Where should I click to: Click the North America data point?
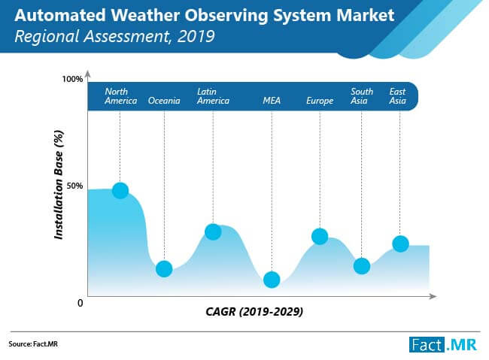click(x=120, y=191)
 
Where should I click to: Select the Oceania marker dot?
click(x=164, y=268)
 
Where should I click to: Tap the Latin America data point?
click(x=213, y=231)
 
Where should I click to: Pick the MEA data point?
click(x=272, y=280)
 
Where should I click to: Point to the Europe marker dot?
click(x=320, y=236)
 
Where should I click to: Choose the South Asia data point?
click(x=362, y=266)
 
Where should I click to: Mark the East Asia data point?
click(x=400, y=244)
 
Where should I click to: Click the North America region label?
click(x=120, y=96)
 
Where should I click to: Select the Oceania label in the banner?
click(x=164, y=101)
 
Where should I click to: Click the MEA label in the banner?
click(x=272, y=101)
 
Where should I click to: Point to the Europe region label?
click(x=320, y=101)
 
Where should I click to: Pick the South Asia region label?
click(x=362, y=96)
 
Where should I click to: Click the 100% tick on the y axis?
click(x=72, y=79)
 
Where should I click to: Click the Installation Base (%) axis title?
click(x=58, y=183)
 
